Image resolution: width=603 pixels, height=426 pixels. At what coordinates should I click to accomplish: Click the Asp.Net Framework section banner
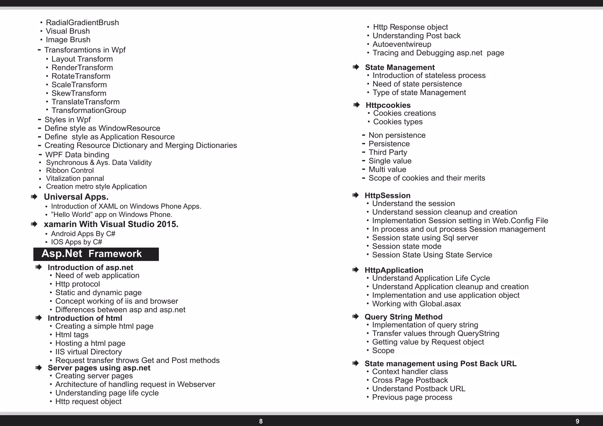96,254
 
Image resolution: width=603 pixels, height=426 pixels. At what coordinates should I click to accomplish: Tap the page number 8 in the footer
261,421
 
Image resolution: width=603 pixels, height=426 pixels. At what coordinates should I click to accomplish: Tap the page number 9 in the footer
577,421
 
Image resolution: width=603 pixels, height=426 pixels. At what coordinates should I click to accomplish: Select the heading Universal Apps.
76,197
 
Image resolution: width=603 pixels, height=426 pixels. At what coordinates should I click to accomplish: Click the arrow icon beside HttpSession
356,195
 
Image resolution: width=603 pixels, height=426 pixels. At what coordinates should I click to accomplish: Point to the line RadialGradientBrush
82,23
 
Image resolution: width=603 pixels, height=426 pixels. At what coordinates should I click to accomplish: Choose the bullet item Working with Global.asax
416,304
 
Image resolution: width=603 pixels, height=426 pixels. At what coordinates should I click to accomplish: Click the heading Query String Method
403,317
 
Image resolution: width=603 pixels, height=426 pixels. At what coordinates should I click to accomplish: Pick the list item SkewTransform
79,93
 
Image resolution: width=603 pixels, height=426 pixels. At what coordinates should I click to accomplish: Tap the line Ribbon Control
70,171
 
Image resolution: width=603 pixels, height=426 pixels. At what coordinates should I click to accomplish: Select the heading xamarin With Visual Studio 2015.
111,224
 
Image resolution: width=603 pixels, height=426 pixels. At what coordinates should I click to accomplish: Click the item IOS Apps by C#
77,242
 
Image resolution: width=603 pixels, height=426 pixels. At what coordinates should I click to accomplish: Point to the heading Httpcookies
388,105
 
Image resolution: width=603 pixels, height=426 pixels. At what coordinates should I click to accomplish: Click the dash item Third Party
388,153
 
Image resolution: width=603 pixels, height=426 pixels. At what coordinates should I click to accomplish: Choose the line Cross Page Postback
410,380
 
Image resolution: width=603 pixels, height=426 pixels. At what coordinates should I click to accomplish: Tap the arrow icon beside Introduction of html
39,318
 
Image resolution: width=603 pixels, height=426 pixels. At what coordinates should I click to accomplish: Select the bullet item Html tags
72,335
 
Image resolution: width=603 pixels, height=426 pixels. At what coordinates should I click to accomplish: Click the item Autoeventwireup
402,44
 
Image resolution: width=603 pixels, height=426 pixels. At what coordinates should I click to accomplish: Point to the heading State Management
400,67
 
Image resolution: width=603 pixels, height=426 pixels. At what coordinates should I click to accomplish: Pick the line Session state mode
407,246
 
